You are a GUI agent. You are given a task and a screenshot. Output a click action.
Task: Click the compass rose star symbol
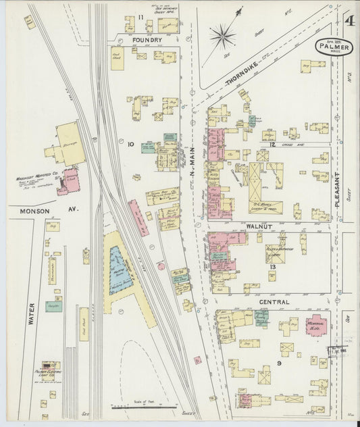(x=222, y=36)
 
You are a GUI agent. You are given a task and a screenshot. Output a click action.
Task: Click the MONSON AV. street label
(x=45, y=210)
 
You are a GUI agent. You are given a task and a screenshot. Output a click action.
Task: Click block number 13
(x=271, y=268)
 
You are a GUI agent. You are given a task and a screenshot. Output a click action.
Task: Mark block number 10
(x=130, y=144)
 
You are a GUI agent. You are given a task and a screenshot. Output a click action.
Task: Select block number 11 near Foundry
(x=141, y=17)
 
